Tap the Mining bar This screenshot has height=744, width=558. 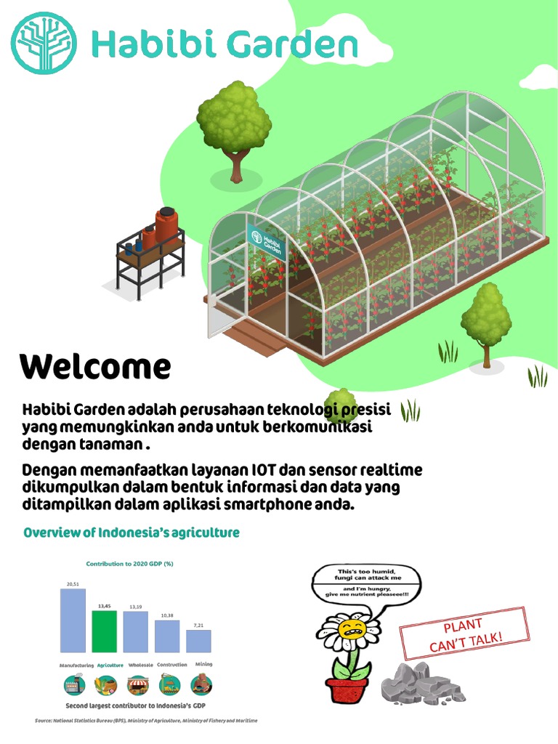pos(198,641)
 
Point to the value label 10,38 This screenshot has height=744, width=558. pos(166,615)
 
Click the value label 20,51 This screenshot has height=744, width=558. pos(73,583)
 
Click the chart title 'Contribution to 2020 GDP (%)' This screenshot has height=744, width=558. pos(130,564)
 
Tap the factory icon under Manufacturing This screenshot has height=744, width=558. pos(74,685)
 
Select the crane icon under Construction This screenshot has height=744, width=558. pos(169,684)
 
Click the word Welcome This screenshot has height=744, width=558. pos(95,368)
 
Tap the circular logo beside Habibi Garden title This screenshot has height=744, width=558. pos(45,44)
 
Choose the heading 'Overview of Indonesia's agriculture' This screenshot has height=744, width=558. pos(132,533)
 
